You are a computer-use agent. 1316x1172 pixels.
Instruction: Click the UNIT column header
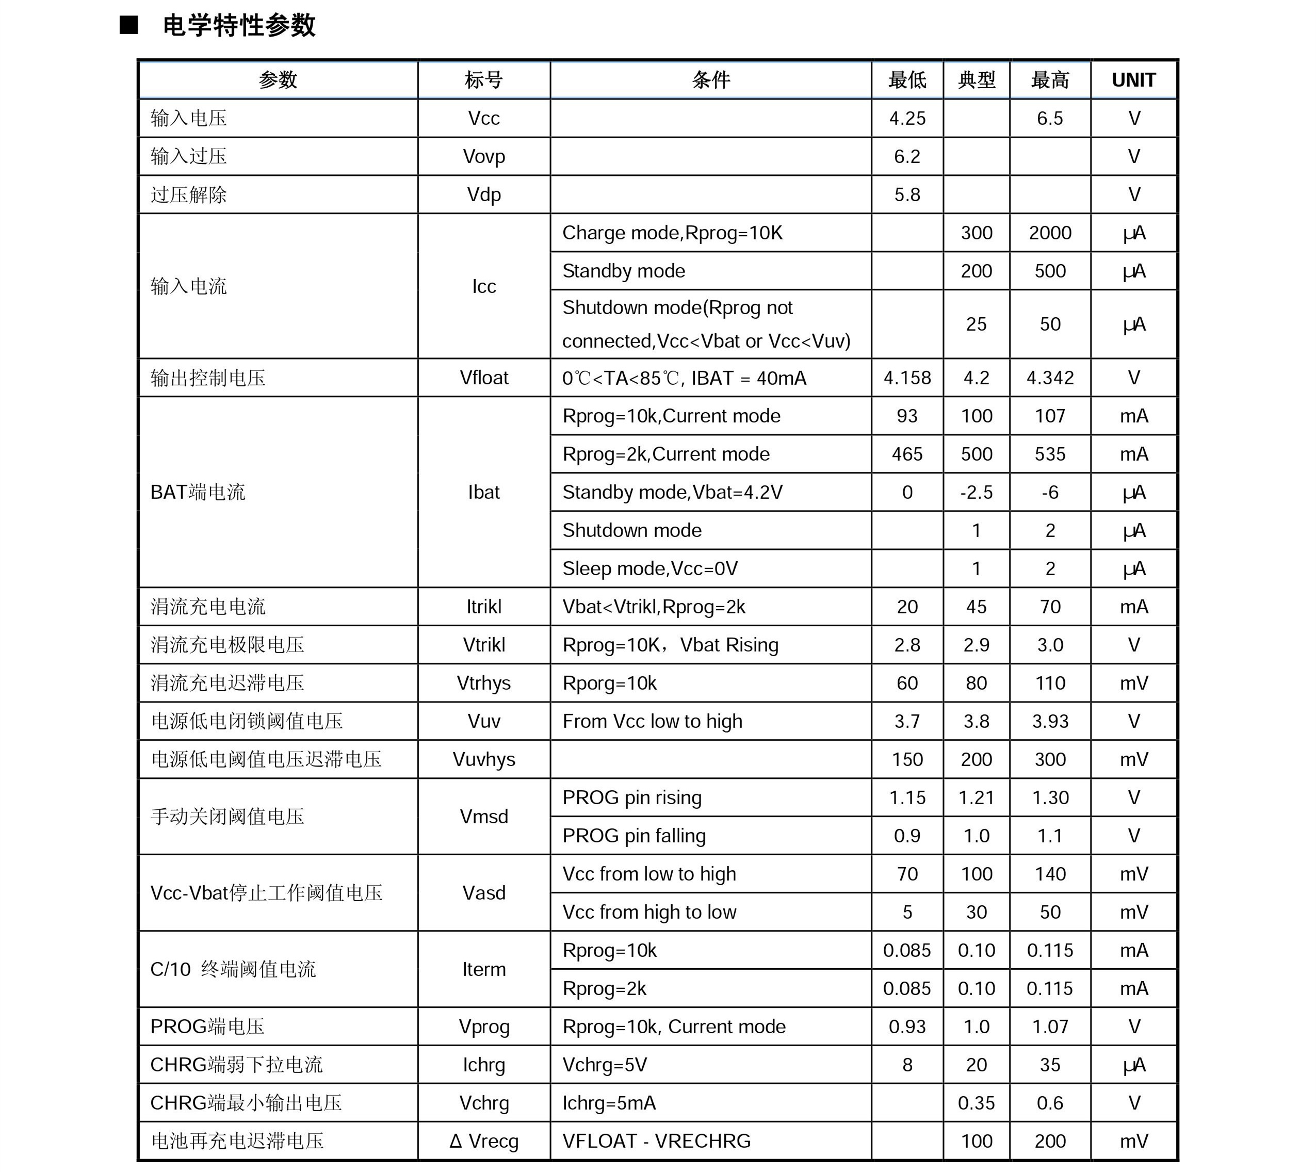[1133, 80]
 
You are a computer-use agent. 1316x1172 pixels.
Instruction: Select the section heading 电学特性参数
[239, 26]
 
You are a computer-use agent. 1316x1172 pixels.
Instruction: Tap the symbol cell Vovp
[483, 156]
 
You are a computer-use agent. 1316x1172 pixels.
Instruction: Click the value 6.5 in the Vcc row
[1049, 119]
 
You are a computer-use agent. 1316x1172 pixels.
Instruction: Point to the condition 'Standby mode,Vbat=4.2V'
[672, 493]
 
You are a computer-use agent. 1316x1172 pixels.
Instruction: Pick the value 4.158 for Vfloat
[906, 378]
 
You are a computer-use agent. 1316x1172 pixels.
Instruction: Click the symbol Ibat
[483, 493]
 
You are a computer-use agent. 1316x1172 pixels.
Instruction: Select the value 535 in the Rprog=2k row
[1049, 454]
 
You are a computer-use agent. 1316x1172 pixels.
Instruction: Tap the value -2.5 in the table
[976, 493]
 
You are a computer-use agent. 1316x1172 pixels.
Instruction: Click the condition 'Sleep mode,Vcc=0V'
[649, 568]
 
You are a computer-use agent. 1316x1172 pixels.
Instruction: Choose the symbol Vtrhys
[483, 683]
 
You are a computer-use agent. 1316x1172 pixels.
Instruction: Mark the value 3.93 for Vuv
[1049, 721]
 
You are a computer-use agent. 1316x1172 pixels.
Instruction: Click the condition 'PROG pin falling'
[633, 836]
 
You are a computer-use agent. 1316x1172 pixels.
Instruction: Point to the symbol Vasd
[483, 893]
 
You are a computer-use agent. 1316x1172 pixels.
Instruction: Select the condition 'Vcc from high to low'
[649, 913]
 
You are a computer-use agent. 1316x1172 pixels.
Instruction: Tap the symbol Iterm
[483, 970]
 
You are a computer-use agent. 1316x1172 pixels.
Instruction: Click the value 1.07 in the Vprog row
[1049, 1027]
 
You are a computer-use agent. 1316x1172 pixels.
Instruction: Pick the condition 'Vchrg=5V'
[604, 1065]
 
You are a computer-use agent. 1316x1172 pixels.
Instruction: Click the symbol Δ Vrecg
[483, 1142]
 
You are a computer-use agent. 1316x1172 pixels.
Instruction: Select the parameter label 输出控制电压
[207, 378]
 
